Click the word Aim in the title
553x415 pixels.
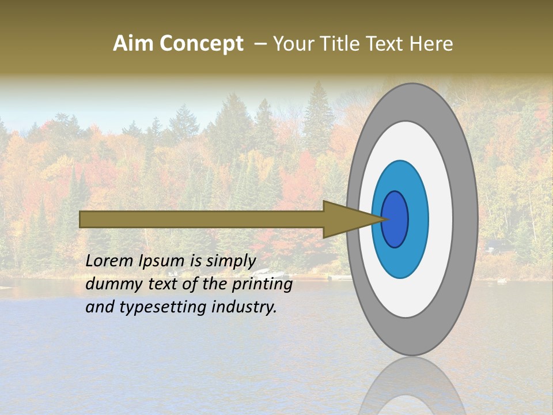134,44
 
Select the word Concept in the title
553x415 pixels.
201,44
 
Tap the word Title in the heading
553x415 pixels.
343,44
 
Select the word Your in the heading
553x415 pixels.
294,44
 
